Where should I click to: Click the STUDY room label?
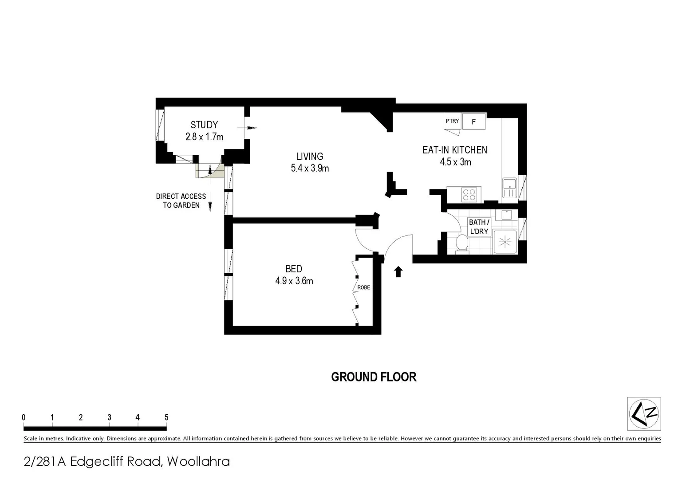click(x=204, y=125)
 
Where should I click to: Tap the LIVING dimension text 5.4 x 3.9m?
click(x=310, y=168)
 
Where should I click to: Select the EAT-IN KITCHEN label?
click(x=454, y=150)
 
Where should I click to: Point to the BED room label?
click(x=294, y=269)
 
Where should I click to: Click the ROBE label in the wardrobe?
click(x=363, y=287)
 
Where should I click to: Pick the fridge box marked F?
click(x=473, y=122)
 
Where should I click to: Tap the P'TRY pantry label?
click(x=452, y=121)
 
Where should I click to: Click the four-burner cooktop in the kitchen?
click(x=469, y=194)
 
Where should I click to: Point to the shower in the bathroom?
click(x=505, y=242)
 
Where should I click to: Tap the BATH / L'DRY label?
click(x=479, y=227)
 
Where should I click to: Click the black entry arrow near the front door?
click(x=398, y=271)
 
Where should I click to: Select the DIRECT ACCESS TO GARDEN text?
click(x=181, y=201)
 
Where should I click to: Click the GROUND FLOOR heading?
click(x=374, y=377)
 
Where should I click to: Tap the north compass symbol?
click(x=644, y=414)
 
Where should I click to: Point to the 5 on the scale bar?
click(x=166, y=417)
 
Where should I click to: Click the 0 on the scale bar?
click(x=24, y=417)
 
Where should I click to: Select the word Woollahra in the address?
click(x=198, y=462)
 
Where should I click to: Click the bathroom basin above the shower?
click(x=506, y=215)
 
